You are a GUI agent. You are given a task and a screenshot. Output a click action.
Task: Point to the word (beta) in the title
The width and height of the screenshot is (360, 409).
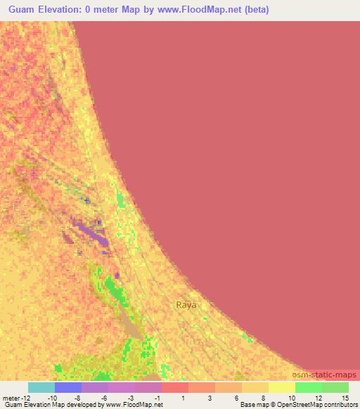255,10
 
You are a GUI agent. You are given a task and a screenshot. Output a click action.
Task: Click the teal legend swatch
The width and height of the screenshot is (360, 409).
41,387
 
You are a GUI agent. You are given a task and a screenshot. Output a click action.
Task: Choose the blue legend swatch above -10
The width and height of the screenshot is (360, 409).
68,387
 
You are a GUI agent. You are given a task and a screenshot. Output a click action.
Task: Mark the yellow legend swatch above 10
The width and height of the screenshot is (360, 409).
282,387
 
